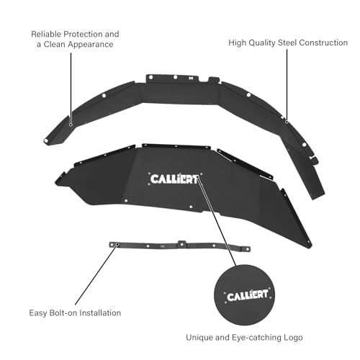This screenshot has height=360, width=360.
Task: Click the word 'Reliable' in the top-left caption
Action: tap(46, 34)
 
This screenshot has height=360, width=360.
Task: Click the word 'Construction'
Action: tap(323, 42)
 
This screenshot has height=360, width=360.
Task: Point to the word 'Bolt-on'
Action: tap(63, 313)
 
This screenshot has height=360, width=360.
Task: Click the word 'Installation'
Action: tap(100, 313)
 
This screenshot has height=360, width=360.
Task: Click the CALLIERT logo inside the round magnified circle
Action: tap(248, 295)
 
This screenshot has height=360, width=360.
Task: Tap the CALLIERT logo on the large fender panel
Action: tap(174, 179)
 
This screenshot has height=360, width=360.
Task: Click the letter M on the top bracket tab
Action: tap(191, 78)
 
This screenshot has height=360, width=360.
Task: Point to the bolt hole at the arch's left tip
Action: tap(46, 140)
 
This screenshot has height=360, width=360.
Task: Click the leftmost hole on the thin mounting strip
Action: tap(117, 244)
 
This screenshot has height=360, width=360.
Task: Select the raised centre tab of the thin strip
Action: tap(182, 243)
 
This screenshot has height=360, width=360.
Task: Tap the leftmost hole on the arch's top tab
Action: tap(150, 77)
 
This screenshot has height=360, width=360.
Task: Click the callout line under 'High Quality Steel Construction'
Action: tap(287, 86)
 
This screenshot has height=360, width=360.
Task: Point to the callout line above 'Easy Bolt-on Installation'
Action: tap(96, 274)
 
